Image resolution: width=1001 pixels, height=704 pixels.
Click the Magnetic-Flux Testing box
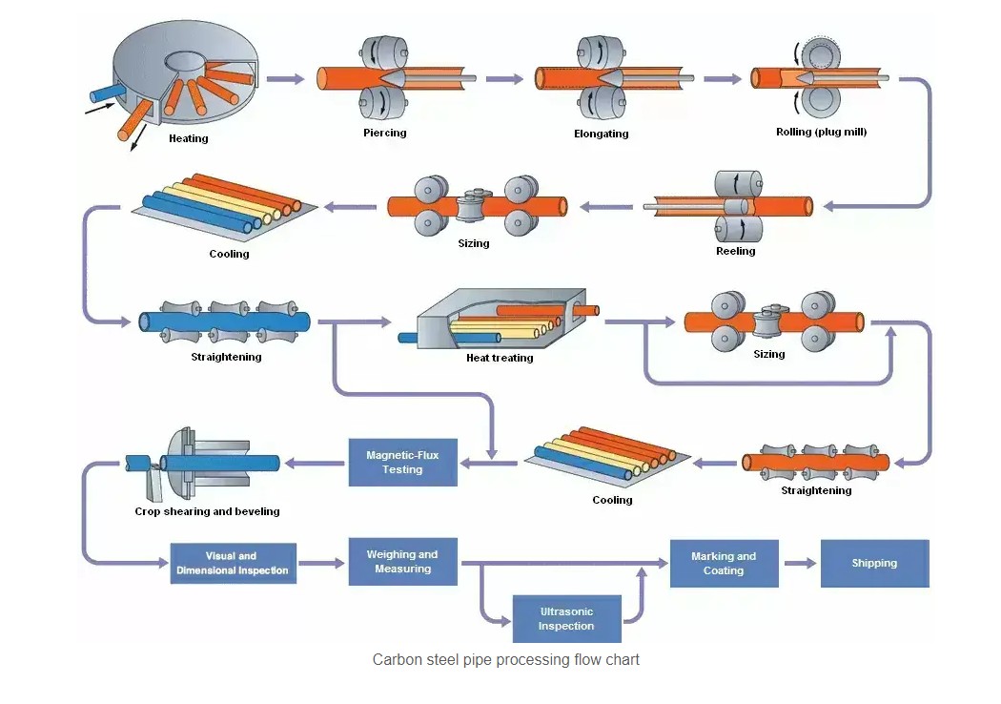(402, 463)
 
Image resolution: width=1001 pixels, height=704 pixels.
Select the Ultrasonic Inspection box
(566, 619)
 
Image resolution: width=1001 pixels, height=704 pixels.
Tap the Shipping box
(874, 563)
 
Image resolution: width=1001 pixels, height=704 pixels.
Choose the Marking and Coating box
(724, 563)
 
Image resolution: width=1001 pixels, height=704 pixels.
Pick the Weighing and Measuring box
(403, 562)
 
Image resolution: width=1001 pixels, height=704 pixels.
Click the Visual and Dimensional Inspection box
(233, 563)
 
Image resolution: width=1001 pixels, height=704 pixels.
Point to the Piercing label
(385, 133)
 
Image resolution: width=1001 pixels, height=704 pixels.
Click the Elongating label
(602, 134)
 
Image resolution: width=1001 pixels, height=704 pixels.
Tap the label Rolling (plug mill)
(821, 132)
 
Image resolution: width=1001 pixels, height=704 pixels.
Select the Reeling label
(735, 251)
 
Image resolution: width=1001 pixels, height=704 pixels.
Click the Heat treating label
(500, 358)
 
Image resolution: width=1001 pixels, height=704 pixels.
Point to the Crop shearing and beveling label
(207, 511)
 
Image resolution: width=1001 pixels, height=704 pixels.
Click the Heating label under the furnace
(188, 138)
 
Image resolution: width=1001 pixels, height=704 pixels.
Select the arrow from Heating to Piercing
(285, 78)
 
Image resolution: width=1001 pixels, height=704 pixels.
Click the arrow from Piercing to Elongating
(504, 78)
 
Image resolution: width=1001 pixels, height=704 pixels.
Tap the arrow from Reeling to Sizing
(607, 205)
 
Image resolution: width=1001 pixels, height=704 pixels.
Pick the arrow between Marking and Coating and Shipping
(800, 563)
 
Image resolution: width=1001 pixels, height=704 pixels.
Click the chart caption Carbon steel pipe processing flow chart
(505, 659)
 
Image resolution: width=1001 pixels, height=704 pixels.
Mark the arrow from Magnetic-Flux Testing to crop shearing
(314, 464)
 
